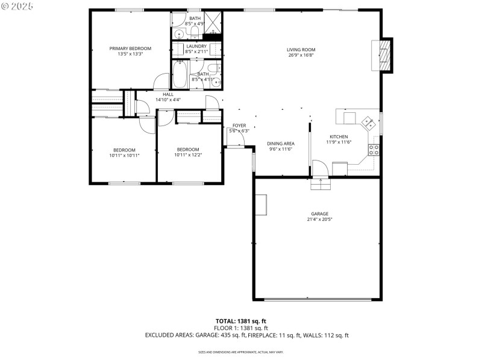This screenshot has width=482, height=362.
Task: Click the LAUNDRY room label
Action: pyautogui.click(x=196, y=46)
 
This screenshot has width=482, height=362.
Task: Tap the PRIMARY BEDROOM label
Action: pyautogui.click(x=130, y=48)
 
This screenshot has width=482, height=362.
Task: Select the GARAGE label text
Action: pyautogui.click(x=319, y=214)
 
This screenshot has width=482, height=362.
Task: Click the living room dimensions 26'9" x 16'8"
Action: pyautogui.click(x=301, y=56)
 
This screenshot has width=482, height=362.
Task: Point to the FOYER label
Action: pyautogui.click(x=239, y=125)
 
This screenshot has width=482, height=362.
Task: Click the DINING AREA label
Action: pyautogui.click(x=281, y=143)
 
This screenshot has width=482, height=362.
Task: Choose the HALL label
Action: pyautogui.click(x=167, y=94)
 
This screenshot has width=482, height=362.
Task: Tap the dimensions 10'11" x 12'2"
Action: pyautogui.click(x=188, y=155)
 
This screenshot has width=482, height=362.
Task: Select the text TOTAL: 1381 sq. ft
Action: pyautogui.click(x=241, y=321)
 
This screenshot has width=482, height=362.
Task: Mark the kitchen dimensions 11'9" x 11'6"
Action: pyautogui.click(x=339, y=142)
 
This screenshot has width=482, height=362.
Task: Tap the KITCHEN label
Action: pyautogui.click(x=339, y=136)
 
